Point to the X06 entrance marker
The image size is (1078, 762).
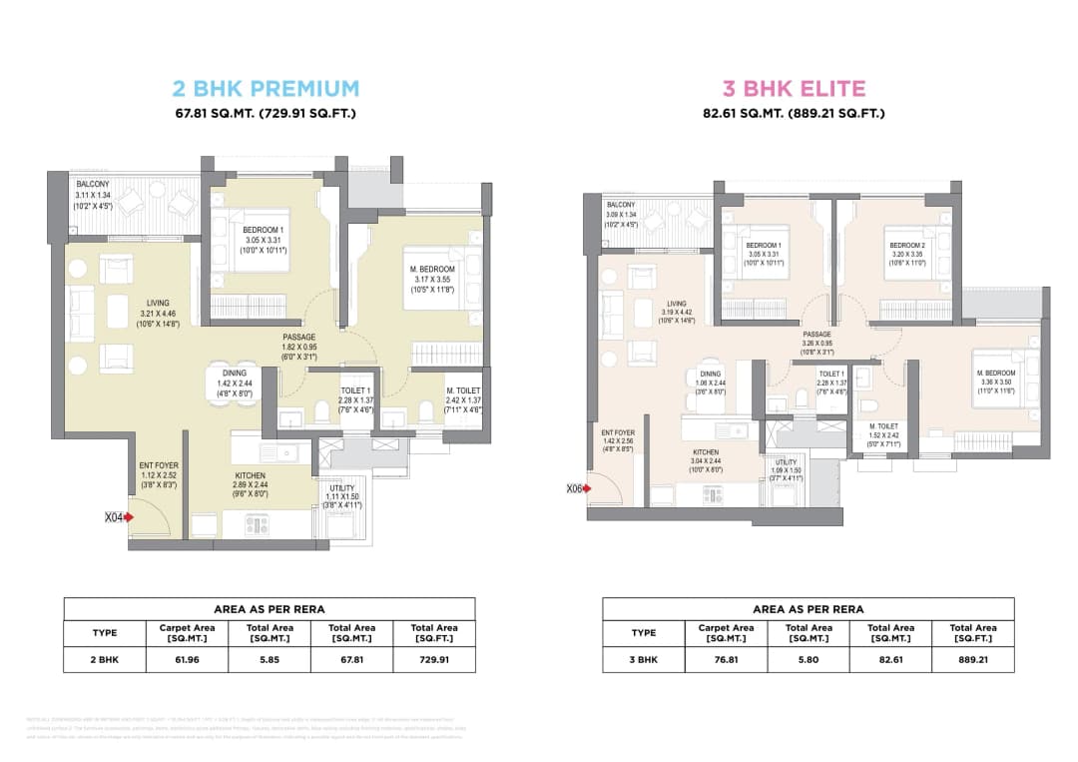pos(576,488)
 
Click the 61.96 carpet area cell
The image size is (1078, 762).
pos(187,659)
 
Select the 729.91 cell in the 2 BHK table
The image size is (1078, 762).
pos(433,659)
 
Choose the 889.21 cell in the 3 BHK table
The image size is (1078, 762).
pos(972,659)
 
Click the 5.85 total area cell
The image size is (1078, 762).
pos(270,659)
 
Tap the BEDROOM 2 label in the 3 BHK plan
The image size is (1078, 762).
pos(907,245)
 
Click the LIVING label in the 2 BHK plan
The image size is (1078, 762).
pos(157,303)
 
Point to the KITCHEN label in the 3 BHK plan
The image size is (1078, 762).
pos(706,452)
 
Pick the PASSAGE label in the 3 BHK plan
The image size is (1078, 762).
pos(816,335)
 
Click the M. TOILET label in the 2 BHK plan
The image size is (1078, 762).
pos(464,390)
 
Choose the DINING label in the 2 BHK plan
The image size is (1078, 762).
pos(235,373)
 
